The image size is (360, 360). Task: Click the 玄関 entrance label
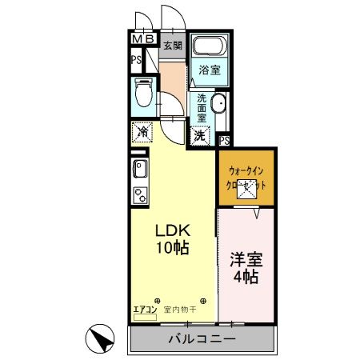coord(173,46)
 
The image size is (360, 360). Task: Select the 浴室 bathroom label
coord(210,70)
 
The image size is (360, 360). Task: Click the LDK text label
coord(172,229)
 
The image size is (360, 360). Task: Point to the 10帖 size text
coord(172,248)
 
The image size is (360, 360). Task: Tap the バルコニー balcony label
coord(202,339)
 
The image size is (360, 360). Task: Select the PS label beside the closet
coord(224,142)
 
